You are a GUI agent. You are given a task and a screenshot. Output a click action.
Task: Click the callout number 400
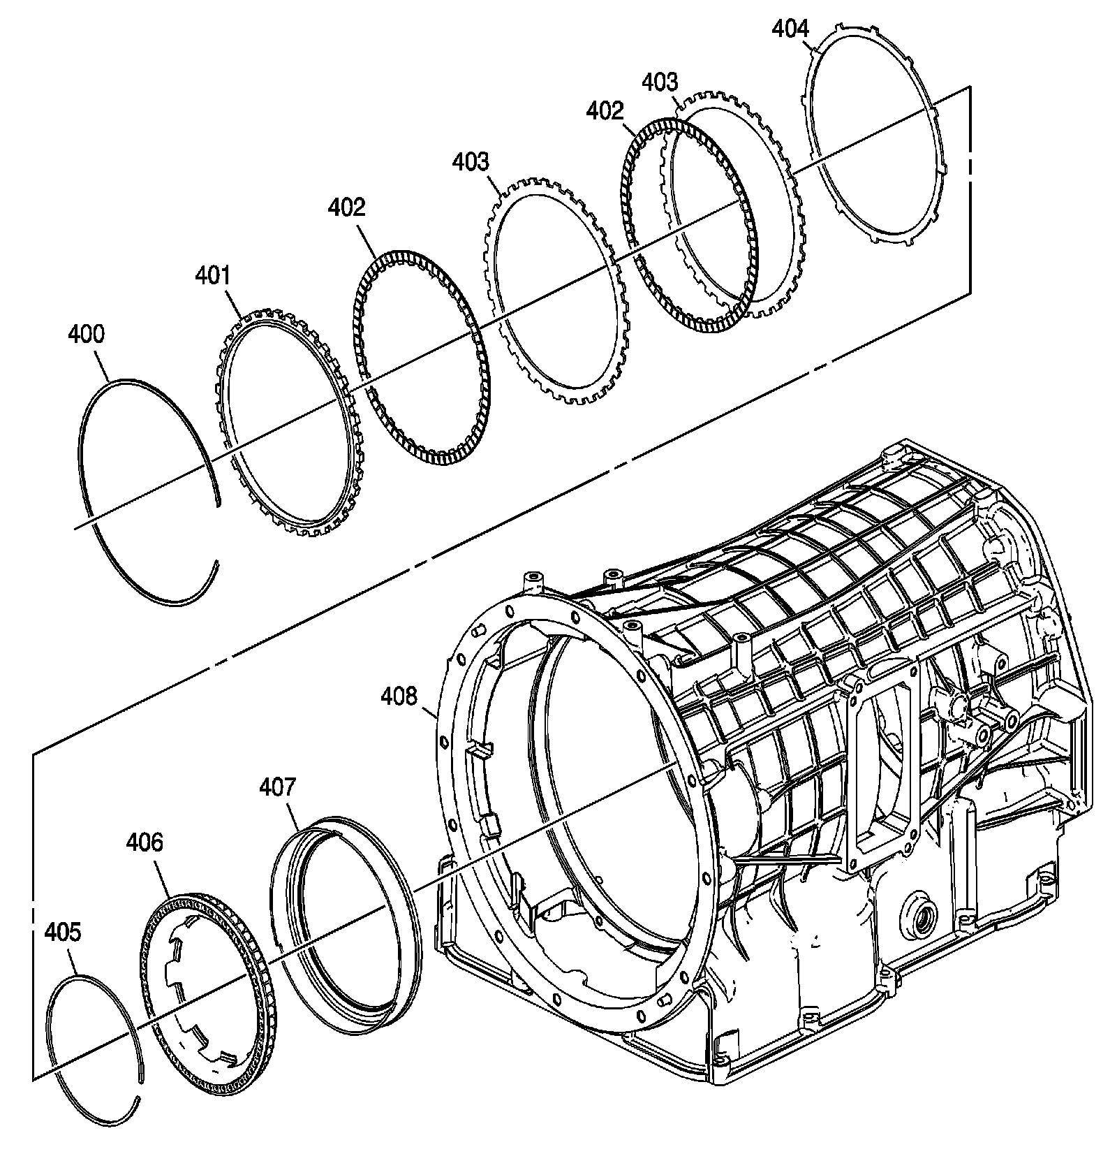86,335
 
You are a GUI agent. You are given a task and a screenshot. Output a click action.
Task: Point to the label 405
62,931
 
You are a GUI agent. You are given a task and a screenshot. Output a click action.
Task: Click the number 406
145,842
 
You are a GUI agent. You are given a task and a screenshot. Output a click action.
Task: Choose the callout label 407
277,787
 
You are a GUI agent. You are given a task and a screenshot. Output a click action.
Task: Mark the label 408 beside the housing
399,696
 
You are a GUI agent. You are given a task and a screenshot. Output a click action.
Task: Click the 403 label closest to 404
660,82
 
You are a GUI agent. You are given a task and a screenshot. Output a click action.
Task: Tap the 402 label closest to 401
346,207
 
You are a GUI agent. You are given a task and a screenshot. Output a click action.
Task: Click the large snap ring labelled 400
87,503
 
